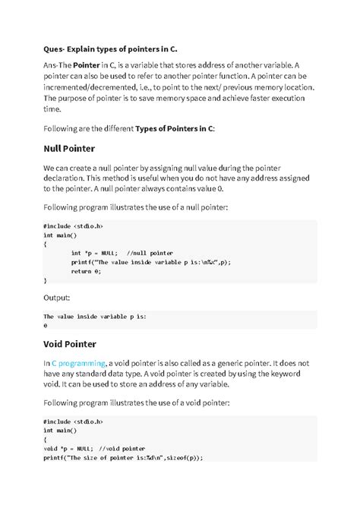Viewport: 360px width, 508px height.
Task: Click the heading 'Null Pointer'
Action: pyautogui.click(x=80, y=148)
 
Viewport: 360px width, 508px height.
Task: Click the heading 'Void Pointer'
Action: pyautogui.click(x=79, y=344)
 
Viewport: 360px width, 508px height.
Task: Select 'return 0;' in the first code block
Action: pyautogui.click(x=86, y=270)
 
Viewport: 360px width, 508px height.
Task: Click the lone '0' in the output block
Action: pyautogui.click(x=46, y=324)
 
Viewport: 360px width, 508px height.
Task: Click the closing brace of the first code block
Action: pyautogui.click(x=46, y=279)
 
